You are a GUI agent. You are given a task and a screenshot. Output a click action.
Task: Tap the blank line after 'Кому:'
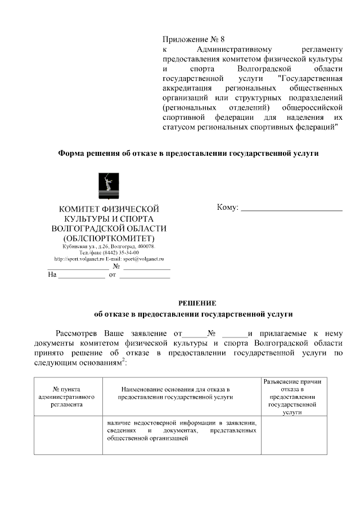tap(291, 209)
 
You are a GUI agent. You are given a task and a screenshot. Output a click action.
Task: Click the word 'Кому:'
tap(228, 208)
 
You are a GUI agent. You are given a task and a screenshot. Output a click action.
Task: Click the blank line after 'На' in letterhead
tap(82, 275)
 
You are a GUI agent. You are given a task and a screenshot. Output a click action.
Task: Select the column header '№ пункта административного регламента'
tap(66, 397)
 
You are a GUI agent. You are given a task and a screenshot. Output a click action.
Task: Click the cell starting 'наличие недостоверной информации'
tap(182, 430)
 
